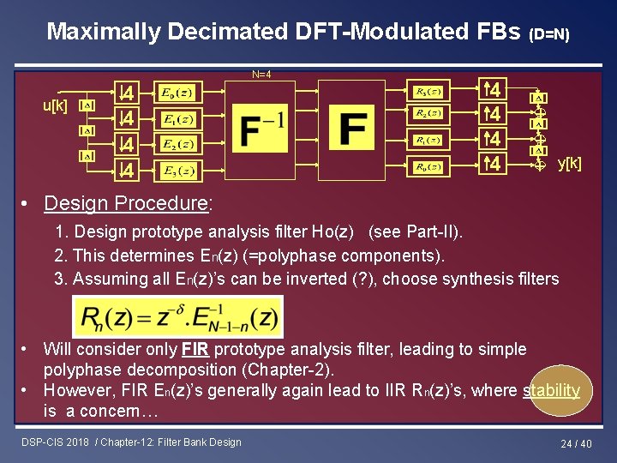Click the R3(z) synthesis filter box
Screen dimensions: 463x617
tap(427, 91)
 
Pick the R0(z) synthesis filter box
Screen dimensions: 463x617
tap(427, 166)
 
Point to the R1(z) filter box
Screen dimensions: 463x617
tap(427, 140)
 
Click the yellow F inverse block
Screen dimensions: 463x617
tap(262, 129)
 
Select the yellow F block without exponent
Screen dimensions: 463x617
tap(353, 129)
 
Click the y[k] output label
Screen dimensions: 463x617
tap(569, 162)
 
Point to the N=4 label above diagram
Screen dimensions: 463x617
tap(262, 74)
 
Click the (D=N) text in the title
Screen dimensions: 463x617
tap(549, 34)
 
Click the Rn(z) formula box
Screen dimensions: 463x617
tap(177, 317)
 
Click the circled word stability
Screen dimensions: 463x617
tap(551, 390)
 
